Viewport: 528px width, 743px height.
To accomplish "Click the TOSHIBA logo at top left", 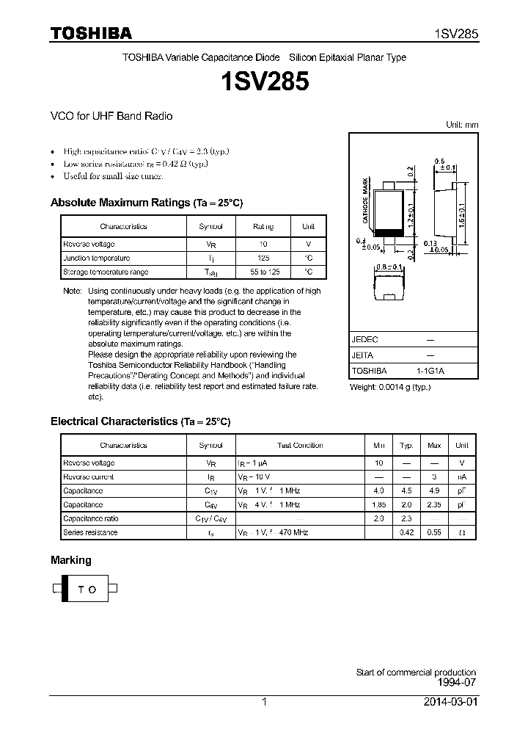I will tap(91, 34).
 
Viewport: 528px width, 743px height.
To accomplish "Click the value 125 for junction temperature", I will tap(263, 258).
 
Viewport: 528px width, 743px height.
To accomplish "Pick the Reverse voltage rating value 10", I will tap(263, 244).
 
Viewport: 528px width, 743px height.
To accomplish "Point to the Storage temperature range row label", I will tap(106, 272).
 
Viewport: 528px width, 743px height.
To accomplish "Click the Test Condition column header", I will tap(300, 446).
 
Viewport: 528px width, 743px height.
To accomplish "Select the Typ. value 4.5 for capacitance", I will tap(406, 491).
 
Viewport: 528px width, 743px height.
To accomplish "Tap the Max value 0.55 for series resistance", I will tap(434, 532).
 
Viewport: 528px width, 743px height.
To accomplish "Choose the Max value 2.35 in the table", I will tap(434, 505).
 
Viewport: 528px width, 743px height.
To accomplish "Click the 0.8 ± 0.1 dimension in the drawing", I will tap(389, 267).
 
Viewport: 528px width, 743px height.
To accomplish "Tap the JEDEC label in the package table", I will tap(364, 339).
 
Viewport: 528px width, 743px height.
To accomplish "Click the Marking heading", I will tap(71, 560).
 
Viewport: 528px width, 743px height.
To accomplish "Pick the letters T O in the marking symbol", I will tap(87, 589).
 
